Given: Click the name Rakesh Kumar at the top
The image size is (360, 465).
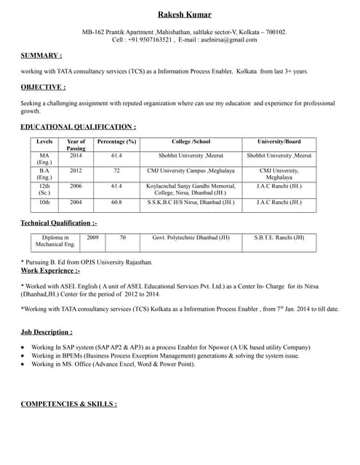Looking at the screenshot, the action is tap(185, 15).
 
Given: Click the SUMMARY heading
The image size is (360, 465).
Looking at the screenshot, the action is tap(41, 55).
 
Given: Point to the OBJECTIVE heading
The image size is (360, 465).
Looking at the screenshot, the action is tap(44, 87).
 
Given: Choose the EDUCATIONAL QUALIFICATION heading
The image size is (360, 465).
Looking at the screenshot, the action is tap(78, 127).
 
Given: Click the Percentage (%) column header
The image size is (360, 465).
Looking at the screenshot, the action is tap(116, 142).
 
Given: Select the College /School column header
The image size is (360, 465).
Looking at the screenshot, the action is tap(191, 142).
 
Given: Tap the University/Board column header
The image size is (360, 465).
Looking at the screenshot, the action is tap(279, 142).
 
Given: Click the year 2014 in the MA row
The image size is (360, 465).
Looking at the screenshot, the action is tap(76, 155).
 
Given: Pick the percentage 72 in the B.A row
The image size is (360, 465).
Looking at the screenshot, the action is tap(116, 170).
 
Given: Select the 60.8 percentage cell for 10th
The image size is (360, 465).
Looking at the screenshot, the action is tap(116, 202).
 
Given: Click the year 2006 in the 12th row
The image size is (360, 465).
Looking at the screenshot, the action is tap(76, 186).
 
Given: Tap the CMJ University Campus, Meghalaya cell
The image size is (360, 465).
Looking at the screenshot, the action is tap(191, 170).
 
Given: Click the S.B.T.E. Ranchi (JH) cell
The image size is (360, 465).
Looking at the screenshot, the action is tap(279, 238).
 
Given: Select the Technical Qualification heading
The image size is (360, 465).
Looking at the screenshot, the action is tap(58, 222).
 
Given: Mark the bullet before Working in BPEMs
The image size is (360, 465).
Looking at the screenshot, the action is tap(24, 356).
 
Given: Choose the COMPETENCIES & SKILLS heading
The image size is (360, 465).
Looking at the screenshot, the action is tap(68, 403).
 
